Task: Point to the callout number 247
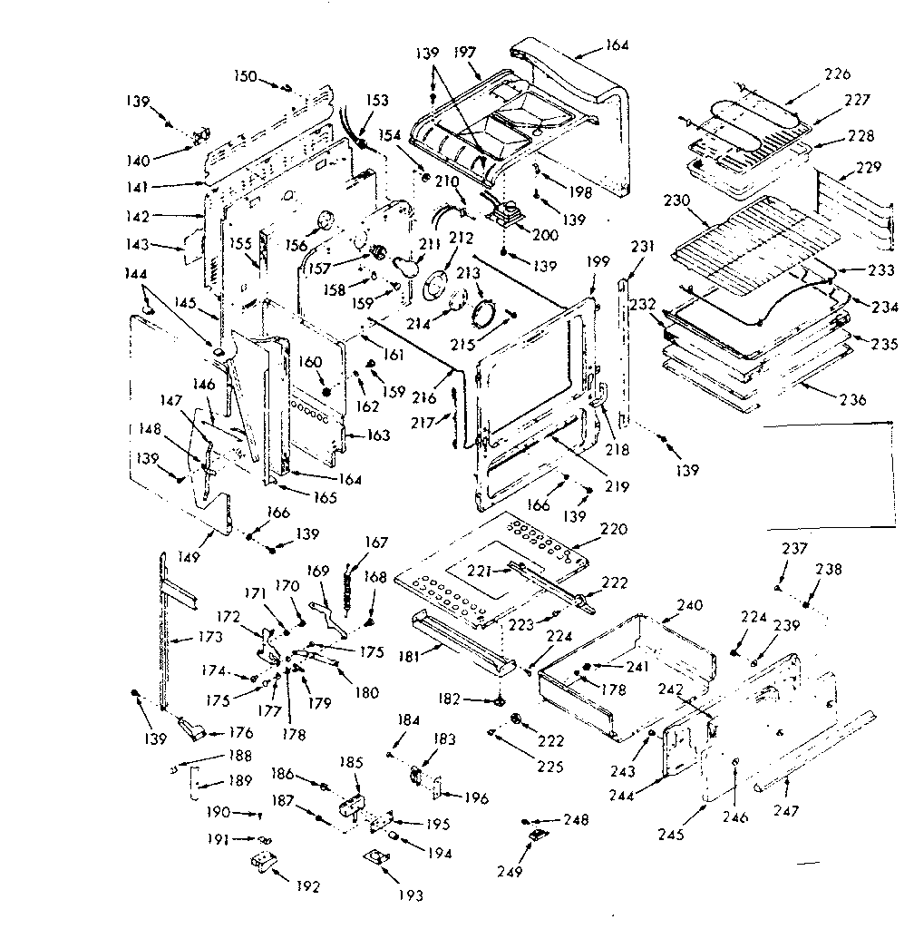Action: pyautogui.click(x=786, y=810)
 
